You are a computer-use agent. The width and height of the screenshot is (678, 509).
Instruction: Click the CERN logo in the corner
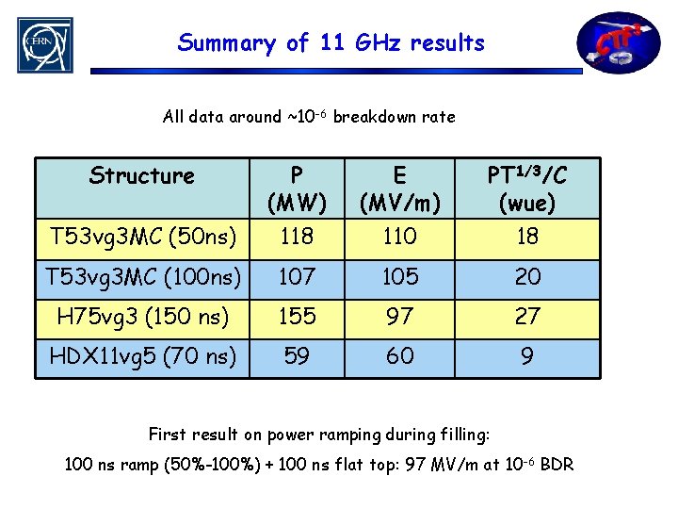pyautogui.click(x=44, y=44)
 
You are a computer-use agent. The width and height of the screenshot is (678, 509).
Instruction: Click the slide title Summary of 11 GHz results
pyautogui.click(x=331, y=42)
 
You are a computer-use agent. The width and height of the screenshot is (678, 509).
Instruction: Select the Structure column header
pyautogui.click(x=142, y=176)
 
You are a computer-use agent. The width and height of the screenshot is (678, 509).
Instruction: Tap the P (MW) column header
pyautogui.click(x=297, y=189)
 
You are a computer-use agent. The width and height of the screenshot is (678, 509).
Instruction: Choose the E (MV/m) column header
pyautogui.click(x=400, y=189)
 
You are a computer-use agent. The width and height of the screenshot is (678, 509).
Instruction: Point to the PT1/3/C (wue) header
pyautogui.click(x=527, y=189)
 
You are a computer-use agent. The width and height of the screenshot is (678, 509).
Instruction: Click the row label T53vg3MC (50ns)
pyautogui.click(x=142, y=237)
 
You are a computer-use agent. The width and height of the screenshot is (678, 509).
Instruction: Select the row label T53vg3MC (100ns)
pyautogui.click(x=142, y=278)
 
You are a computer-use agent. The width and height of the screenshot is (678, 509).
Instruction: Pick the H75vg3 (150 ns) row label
pyautogui.click(x=142, y=318)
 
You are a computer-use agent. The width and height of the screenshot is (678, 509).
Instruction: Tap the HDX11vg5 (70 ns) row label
pyautogui.click(x=142, y=357)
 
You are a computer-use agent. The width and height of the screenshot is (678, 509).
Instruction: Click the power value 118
pyautogui.click(x=297, y=237)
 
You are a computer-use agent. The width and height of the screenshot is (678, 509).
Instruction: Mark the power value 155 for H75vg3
pyautogui.click(x=297, y=318)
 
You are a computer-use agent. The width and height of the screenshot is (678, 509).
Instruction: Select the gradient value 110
pyautogui.click(x=400, y=237)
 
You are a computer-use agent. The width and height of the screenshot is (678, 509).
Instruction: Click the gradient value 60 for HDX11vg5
pyautogui.click(x=400, y=357)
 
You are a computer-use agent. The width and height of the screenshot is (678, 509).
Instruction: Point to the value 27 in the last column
pyautogui.click(x=527, y=318)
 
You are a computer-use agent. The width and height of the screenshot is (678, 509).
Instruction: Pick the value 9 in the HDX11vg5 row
pyautogui.click(x=527, y=357)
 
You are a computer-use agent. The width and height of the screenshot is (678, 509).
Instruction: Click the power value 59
pyautogui.click(x=297, y=357)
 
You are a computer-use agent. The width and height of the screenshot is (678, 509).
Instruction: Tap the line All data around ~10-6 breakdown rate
pyautogui.click(x=309, y=117)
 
